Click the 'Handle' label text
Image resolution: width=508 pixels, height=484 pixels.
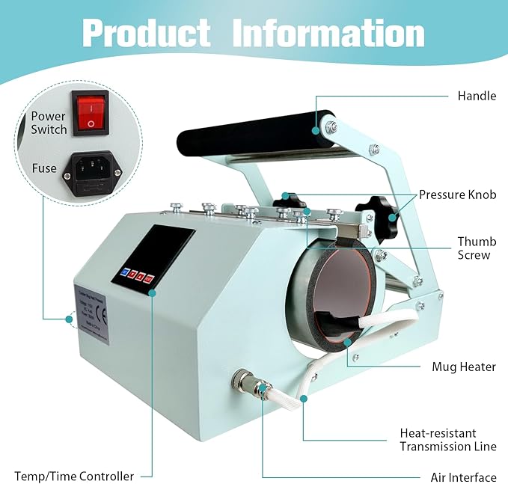(x=477, y=96)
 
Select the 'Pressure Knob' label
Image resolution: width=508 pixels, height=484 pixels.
(x=458, y=194)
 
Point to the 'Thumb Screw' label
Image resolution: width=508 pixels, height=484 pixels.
(x=474, y=248)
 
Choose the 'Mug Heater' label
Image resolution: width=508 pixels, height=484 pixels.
(x=464, y=367)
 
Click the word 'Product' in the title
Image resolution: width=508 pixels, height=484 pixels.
(x=147, y=33)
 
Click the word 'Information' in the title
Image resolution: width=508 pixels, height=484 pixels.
(x=328, y=33)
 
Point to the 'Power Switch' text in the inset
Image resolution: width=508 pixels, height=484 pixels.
(x=49, y=123)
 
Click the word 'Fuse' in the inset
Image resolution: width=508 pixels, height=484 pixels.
(x=44, y=168)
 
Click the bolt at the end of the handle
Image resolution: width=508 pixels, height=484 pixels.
(x=328, y=128)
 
